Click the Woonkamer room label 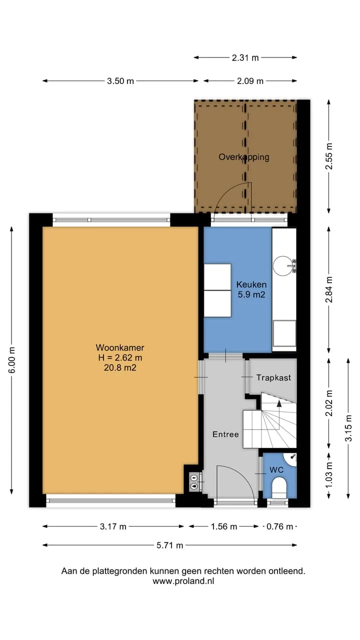click(120, 347)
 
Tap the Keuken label click(251, 284)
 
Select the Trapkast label click(273, 377)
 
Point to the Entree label click(225, 434)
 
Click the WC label click(276, 470)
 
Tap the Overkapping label click(244, 157)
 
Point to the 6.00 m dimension click(11, 360)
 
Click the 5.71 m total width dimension click(169, 545)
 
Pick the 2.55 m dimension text click(329, 156)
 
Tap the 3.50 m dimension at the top click(120, 81)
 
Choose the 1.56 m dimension click(223, 526)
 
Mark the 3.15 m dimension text click(348, 428)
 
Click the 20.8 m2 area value click(120, 367)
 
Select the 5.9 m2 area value click(251, 294)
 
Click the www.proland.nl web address click(183, 581)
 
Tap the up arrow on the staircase click(279, 403)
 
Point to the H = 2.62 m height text click(120, 357)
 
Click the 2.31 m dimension click(245, 58)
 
